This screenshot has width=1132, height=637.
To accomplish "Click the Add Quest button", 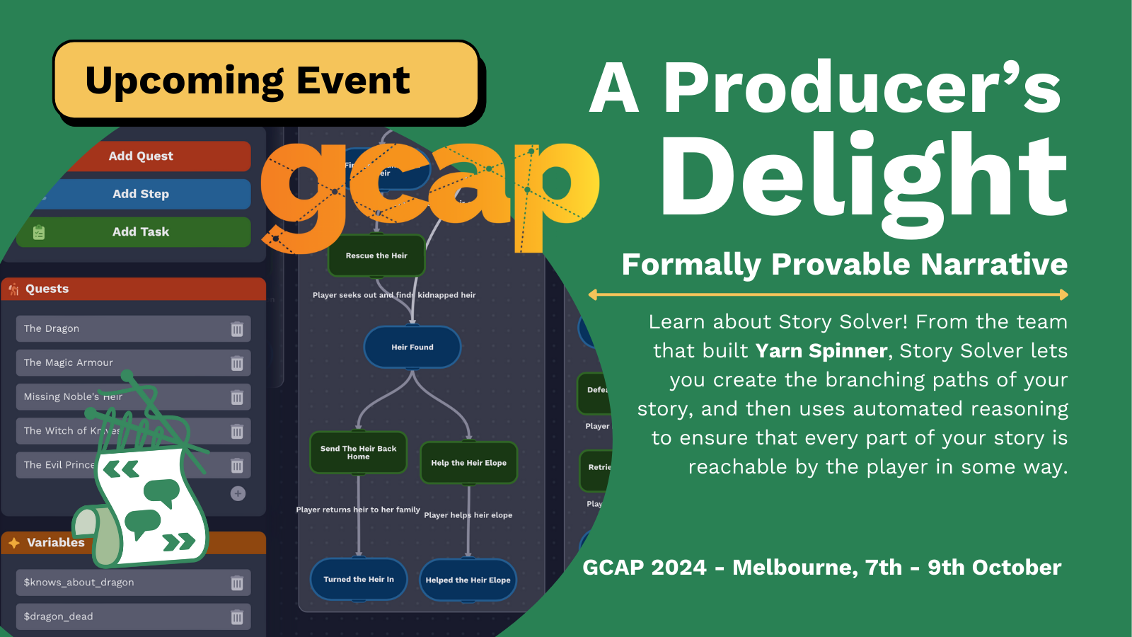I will tap(141, 156).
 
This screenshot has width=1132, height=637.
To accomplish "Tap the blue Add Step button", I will tap(141, 194).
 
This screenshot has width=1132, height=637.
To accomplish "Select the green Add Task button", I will tap(141, 232).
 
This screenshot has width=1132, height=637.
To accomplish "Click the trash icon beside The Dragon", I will tap(237, 329).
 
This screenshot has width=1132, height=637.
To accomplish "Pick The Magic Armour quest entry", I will tap(69, 362).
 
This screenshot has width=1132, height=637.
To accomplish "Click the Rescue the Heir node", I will tap(376, 256).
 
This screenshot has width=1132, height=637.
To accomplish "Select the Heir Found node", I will tap(412, 347).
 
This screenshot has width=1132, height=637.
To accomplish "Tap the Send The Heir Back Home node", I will tap(359, 453).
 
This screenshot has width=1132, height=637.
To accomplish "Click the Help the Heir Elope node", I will tap(469, 463).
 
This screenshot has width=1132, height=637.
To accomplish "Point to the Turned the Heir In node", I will tap(359, 579).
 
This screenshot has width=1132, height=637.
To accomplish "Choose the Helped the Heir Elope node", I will tap(468, 580).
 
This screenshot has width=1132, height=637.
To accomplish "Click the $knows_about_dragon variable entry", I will tap(79, 583).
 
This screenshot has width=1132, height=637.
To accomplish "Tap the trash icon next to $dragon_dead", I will tap(237, 617).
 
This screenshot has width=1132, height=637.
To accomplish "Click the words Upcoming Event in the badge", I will tap(247, 81).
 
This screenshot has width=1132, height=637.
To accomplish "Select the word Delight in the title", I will tap(863, 177).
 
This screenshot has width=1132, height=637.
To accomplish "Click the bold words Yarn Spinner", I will tap(821, 351).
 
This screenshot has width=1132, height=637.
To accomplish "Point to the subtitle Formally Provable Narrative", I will tap(844, 265).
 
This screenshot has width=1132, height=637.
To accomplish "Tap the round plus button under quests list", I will tap(238, 493).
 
